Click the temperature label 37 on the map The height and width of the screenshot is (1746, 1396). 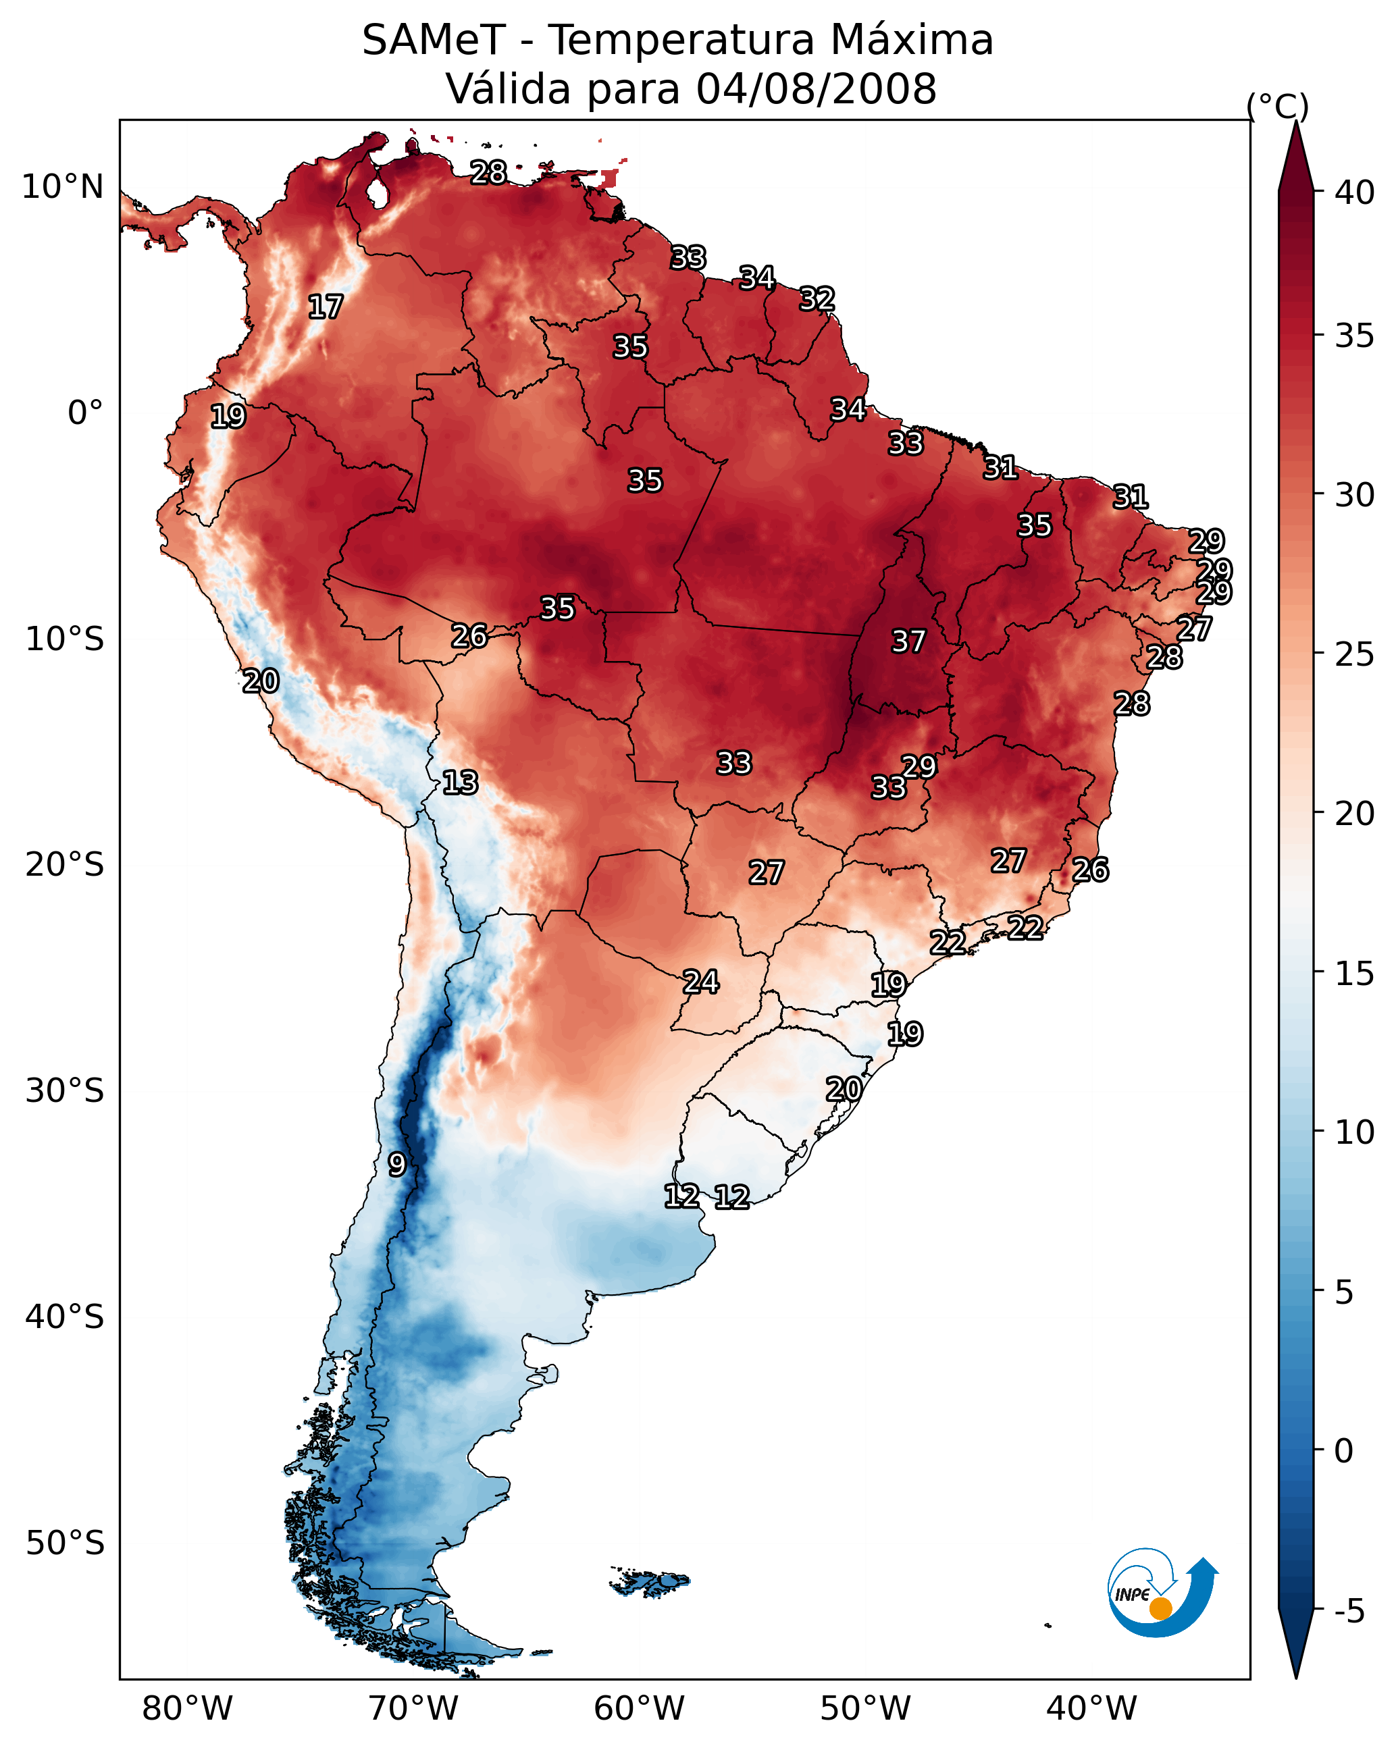point(908,641)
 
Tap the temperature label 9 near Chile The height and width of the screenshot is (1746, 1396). point(396,1165)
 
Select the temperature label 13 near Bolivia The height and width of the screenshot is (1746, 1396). point(459,783)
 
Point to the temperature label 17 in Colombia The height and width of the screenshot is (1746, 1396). point(325,307)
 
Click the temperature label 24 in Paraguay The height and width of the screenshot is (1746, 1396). point(700,982)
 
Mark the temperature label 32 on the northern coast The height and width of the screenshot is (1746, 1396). point(817,299)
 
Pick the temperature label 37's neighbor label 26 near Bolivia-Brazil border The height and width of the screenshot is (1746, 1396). point(469,636)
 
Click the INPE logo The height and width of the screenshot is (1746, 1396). point(1160,1594)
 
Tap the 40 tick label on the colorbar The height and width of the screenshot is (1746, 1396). point(1355,192)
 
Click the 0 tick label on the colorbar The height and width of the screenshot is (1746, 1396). point(1343,1451)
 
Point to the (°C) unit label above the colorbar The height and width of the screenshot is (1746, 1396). point(1277,106)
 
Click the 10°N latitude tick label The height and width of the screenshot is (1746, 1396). point(62,187)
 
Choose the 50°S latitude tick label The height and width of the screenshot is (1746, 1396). point(65,1543)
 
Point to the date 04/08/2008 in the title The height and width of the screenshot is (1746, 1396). point(816,88)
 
